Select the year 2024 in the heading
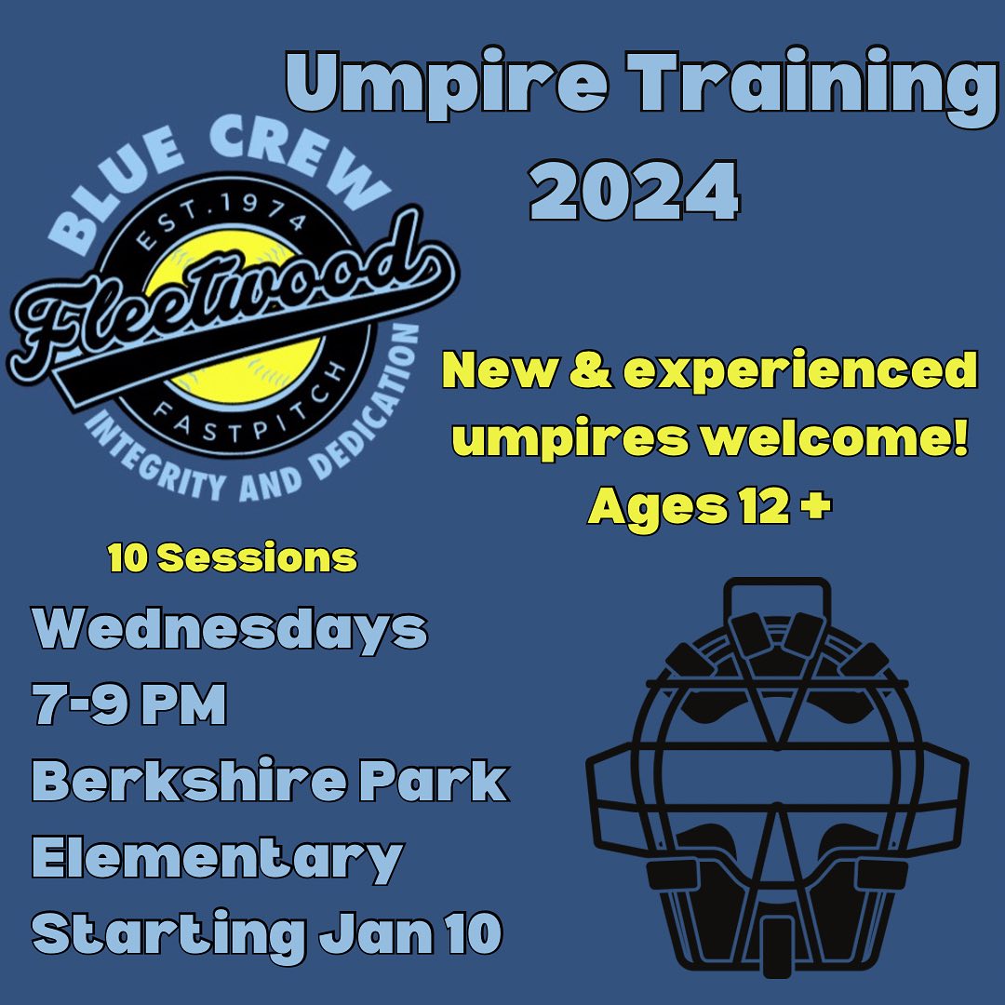point(636,190)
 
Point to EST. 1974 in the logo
point(222,221)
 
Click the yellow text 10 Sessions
point(233,557)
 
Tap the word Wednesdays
point(230,630)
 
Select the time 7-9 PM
point(129,703)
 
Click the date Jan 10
point(410,933)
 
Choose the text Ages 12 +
point(709,507)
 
